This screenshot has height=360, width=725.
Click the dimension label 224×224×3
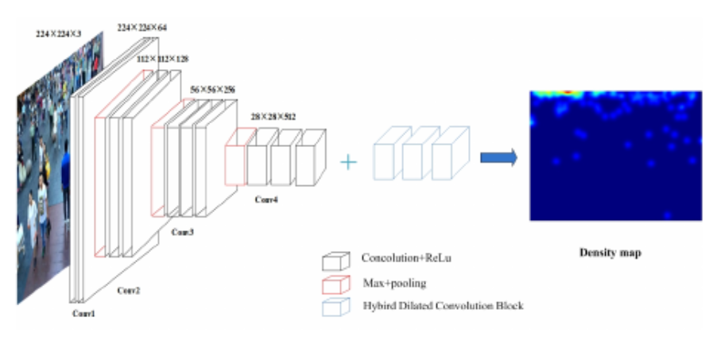pyautogui.click(x=59, y=35)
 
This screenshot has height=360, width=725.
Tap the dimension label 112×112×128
pyautogui.click(x=164, y=59)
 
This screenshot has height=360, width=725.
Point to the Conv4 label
pyautogui.click(x=267, y=198)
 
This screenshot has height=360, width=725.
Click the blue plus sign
pyautogui.click(x=347, y=162)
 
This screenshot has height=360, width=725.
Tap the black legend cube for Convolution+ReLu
pyautogui.click(x=335, y=261)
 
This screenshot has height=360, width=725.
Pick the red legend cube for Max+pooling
pyautogui.click(x=335, y=285)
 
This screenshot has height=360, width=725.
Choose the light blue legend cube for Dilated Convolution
pyautogui.click(x=335, y=307)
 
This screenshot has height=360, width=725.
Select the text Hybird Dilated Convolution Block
pyautogui.click(x=442, y=305)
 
